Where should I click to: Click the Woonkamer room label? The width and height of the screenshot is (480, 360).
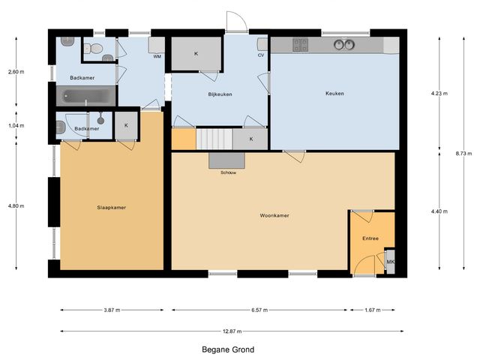click(274, 215)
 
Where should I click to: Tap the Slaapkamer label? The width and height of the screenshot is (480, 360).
click(112, 208)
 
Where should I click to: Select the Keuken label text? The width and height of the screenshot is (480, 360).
click(334, 93)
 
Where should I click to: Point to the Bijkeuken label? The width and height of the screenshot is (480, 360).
click(220, 94)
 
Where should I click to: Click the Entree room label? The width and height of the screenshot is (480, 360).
click(370, 238)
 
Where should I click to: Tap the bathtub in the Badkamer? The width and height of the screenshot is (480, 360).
click(86, 96)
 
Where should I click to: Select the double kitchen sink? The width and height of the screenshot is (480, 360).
click(344, 45)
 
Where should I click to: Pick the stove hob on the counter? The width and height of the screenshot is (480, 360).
click(300, 45)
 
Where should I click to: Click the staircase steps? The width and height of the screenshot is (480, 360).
click(214, 139)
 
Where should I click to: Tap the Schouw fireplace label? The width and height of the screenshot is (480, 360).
click(228, 172)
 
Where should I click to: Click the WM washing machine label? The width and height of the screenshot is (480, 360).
click(157, 57)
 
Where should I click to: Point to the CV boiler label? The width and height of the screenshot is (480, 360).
click(261, 55)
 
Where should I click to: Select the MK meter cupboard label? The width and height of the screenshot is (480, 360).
click(391, 262)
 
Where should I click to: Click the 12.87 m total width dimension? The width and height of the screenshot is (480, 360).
click(232, 331)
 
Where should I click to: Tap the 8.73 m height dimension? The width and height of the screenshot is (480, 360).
click(463, 154)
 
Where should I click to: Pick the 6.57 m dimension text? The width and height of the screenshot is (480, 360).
click(259, 310)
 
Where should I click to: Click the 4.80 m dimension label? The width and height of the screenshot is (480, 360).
click(16, 206)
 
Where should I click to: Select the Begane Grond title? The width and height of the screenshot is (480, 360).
click(228, 349)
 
